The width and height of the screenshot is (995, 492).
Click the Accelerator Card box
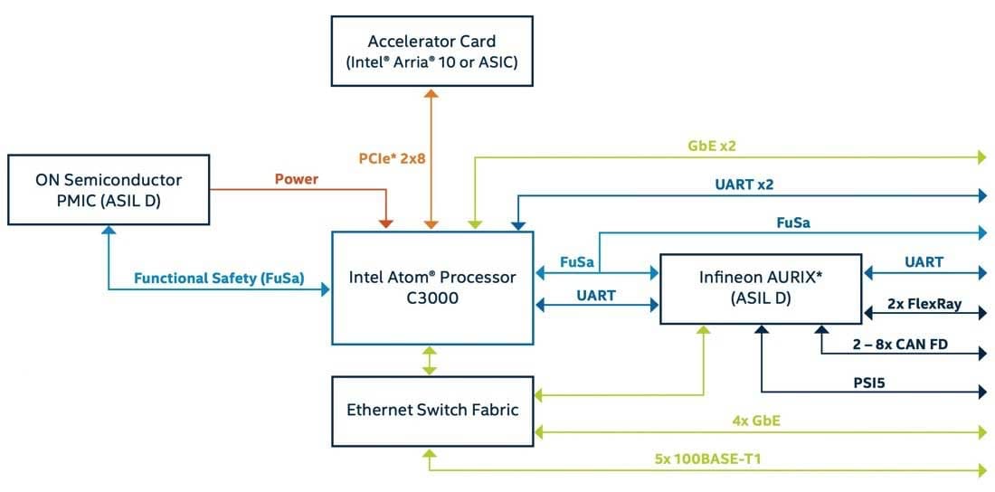(431, 52)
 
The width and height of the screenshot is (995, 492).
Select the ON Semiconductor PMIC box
(109, 189)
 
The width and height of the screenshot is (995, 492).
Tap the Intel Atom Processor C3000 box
(432, 287)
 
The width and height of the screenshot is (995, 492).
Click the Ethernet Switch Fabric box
(432, 410)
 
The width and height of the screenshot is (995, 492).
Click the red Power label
(297, 179)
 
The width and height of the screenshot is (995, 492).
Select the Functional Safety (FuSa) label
(219, 278)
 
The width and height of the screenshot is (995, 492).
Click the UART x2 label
(743, 184)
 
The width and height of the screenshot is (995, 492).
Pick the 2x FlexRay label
(924, 304)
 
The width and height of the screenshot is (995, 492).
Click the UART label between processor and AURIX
(595, 295)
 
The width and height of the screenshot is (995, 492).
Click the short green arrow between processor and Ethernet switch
(431, 358)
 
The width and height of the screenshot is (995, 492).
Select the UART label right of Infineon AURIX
(924, 262)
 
